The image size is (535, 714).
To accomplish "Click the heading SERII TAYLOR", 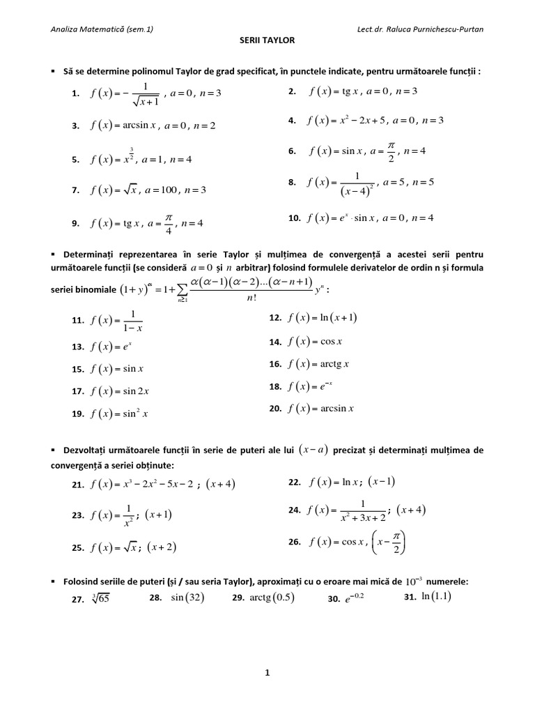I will coord(267,40).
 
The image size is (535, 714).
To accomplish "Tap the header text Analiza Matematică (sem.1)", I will coord(102,29).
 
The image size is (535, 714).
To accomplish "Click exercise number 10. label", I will coord(293,218).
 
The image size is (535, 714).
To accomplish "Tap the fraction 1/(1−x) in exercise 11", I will coord(131,320).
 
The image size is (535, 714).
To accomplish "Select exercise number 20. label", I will coord(275,409).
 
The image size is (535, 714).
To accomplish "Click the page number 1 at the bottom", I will coord(267,673).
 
